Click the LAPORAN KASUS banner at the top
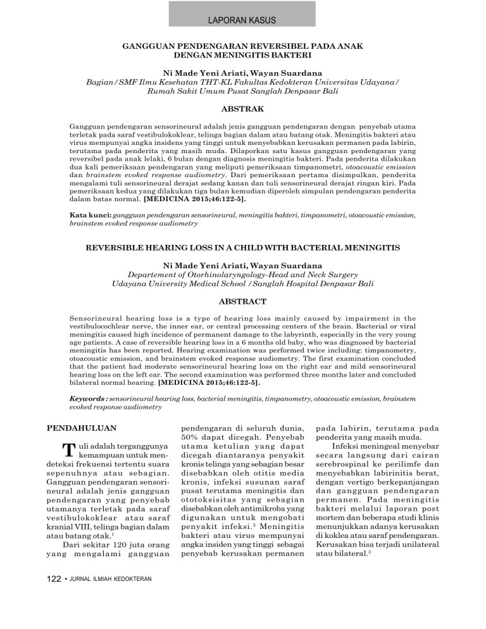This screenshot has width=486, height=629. point(243,20)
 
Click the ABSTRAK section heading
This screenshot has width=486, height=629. point(242,108)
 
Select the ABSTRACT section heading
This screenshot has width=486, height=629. point(242,302)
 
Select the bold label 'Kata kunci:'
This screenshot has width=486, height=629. point(89,215)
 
